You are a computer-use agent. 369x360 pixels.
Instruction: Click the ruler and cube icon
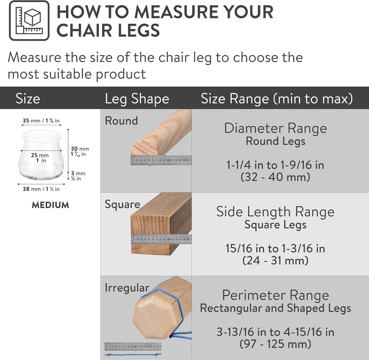(x=29, y=21)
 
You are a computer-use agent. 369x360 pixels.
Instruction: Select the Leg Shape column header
(x=137, y=99)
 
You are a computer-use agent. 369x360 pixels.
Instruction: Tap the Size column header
(x=28, y=99)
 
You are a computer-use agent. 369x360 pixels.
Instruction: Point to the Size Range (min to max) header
(x=276, y=99)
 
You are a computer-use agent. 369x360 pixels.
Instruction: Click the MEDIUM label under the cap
(x=50, y=205)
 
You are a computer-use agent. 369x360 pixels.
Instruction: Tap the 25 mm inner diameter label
(x=39, y=158)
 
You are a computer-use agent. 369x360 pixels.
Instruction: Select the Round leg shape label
(x=121, y=121)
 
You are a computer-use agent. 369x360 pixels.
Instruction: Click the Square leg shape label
(x=122, y=205)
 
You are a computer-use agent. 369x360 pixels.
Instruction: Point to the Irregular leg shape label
(x=127, y=288)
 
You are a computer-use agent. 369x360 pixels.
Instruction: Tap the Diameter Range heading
(x=275, y=128)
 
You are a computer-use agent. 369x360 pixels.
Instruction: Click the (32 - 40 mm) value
(x=275, y=177)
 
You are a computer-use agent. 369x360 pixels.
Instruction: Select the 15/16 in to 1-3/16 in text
(x=275, y=249)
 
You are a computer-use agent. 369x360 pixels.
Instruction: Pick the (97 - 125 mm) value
(x=275, y=344)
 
